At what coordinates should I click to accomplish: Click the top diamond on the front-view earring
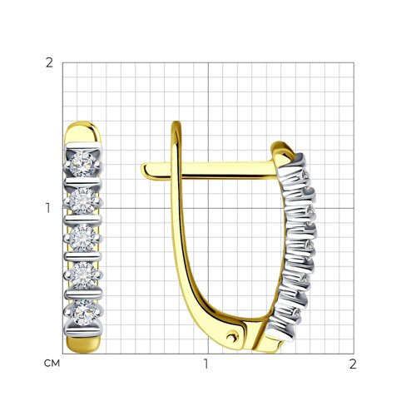(82, 164)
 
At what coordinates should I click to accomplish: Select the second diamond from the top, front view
(82, 201)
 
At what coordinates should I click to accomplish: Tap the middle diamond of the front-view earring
(82, 237)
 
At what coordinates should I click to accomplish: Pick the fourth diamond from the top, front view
(82, 275)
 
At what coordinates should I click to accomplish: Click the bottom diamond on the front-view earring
(82, 313)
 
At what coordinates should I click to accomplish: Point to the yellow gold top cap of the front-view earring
(83, 132)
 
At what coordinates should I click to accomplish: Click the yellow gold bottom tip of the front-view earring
(83, 345)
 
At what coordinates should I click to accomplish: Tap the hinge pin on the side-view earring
(232, 337)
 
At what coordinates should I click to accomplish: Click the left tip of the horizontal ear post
(141, 169)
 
